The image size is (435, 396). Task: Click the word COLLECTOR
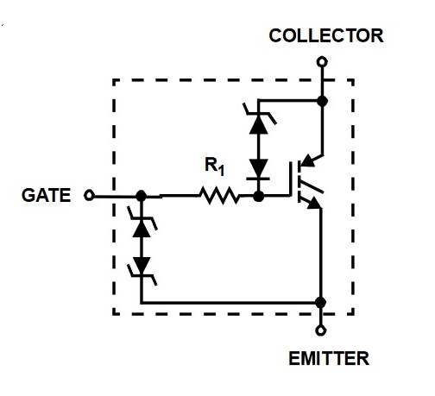(326, 35)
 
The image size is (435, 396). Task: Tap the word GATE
(47, 195)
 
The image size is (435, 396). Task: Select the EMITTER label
(329, 358)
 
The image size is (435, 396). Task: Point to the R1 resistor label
(214, 167)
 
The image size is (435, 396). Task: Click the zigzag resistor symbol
(219, 196)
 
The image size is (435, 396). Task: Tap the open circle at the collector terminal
(322, 62)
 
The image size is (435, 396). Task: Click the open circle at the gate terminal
(89, 195)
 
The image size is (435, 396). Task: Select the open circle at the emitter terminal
(321, 330)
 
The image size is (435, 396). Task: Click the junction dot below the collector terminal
(322, 101)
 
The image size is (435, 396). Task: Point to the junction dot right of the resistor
(259, 197)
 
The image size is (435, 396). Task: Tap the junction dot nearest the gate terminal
(141, 196)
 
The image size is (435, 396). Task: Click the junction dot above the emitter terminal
(320, 303)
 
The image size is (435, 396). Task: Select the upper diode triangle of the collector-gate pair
(258, 125)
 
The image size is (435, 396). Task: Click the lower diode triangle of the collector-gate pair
(258, 168)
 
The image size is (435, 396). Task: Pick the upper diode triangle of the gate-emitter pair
(142, 229)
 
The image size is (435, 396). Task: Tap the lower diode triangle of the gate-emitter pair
(142, 265)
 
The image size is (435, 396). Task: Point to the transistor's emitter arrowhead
(314, 203)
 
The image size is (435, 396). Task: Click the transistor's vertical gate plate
(291, 179)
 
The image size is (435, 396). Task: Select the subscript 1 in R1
(221, 170)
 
